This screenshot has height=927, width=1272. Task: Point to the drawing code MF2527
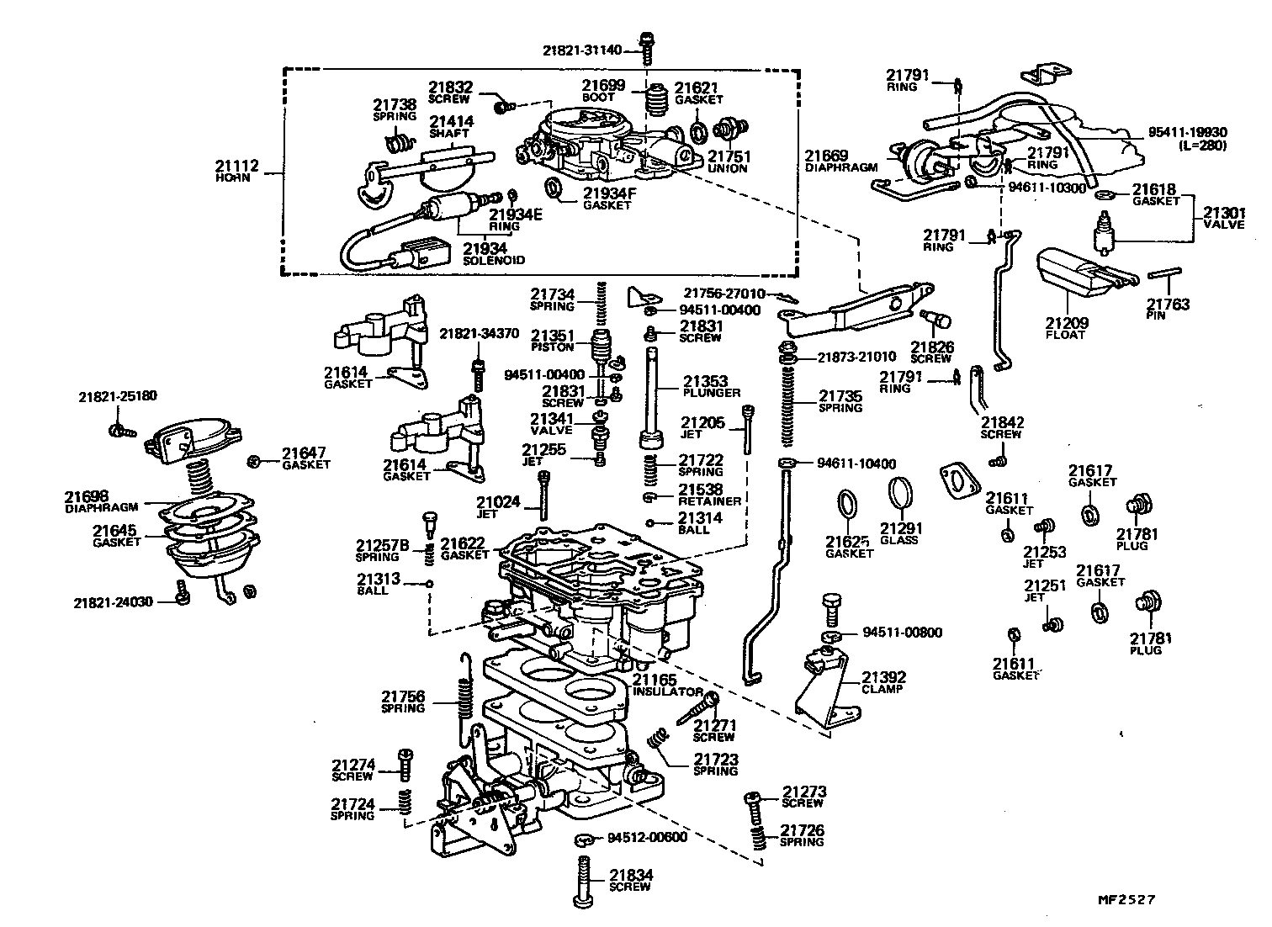pyautogui.click(x=1126, y=899)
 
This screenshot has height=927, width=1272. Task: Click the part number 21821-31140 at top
pyautogui.click(x=582, y=50)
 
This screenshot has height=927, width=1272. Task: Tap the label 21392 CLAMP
pyautogui.click(x=882, y=682)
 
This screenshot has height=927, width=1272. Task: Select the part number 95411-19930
pyautogui.click(x=1188, y=133)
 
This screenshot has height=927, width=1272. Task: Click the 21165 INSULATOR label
pyautogui.click(x=667, y=686)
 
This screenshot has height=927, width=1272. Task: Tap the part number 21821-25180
pyautogui.click(x=118, y=396)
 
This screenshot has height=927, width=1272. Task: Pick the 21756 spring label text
pyautogui.click(x=403, y=702)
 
